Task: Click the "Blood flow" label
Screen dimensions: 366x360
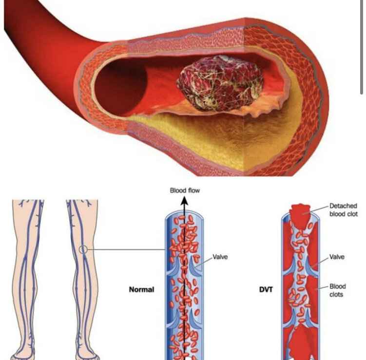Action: pyautogui.click(x=185, y=190)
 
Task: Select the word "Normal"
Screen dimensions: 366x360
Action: pyautogui.click(x=141, y=289)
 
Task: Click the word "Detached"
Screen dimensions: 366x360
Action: pyautogui.click(x=343, y=206)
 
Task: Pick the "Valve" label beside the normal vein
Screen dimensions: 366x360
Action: pyautogui.click(x=220, y=256)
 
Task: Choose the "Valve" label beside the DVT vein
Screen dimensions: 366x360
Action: pyautogui.click(x=337, y=256)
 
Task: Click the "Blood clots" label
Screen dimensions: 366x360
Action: pyautogui.click(x=337, y=290)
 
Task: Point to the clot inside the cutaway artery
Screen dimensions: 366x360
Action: pyautogui.click(x=219, y=82)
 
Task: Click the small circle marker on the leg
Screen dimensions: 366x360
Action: pyautogui.click(x=83, y=250)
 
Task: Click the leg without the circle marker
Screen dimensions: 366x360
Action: pyautogui.click(x=28, y=273)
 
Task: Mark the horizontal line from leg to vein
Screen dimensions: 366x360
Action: pyautogui.click(x=127, y=250)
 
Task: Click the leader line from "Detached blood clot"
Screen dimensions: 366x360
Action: pyautogui.click(x=319, y=209)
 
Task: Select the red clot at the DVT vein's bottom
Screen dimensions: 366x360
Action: pyautogui.click(x=298, y=343)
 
